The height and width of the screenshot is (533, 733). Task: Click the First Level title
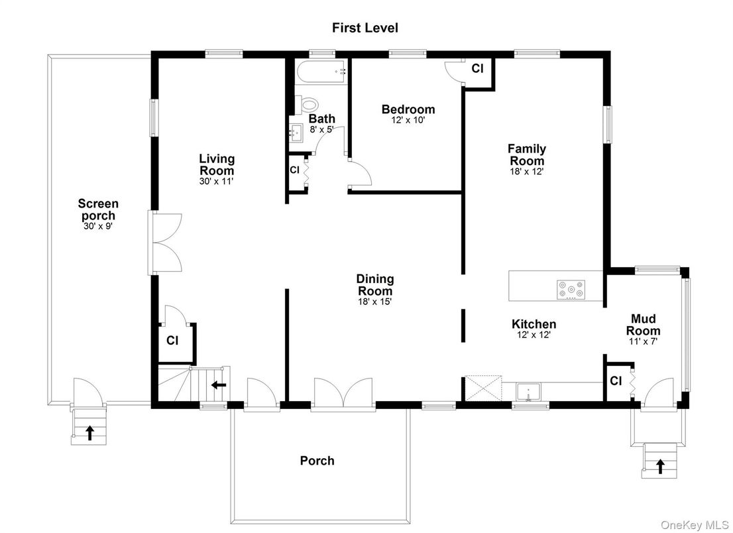pyautogui.click(x=365, y=28)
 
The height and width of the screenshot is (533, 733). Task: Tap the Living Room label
pyautogui.click(x=217, y=164)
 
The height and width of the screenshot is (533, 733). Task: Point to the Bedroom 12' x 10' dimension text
pyautogui.click(x=408, y=120)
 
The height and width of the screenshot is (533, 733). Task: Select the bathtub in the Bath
pyautogui.click(x=321, y=72)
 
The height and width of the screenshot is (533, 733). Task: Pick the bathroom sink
pyautogui.click(x=296, y=133)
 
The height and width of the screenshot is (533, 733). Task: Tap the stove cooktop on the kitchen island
pyautogui.click(x=571, y=290)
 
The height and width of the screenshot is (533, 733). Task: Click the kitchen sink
pyautogui.click(x=528, y=391)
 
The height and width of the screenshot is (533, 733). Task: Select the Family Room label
pyautogui.click(x=527, y=154)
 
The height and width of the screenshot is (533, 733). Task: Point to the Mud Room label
pyautogui.click(x=644, y=325)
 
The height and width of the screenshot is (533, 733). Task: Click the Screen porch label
pyautogui.click(x=98, y=210)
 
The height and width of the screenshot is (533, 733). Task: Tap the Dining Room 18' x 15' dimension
pyautogui.click(x=375, y=302)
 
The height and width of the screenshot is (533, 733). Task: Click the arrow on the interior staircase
pyautogui.click(x=219, y=385)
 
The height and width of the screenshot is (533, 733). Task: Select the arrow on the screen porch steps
pyautogui.click(x=89, y=433)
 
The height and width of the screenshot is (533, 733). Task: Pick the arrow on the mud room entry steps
pyautogui.click(x=660, y=466)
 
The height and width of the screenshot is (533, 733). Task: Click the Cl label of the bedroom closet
pyautogui.click(x=477, y=69)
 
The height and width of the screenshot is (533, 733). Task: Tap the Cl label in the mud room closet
pyautogui.click(x=616, y=381)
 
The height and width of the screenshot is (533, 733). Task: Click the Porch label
pyautogui.click(x=317, y=461)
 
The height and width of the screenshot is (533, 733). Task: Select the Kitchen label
pyautogui.click(x=534, y=324)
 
